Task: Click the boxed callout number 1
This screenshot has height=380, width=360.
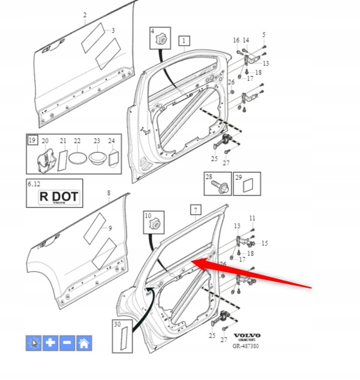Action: pyautogui.click(x=184, y=41)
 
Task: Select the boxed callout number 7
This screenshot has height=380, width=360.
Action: pyautogui.click(x=196, y=210)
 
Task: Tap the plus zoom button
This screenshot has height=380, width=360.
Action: pyautogui.click(x=50, y=343)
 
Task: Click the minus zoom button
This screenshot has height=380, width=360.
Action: pyautogui.click(x=67, y=343)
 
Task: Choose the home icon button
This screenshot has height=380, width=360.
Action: pyautogui.click(x=84, y=343)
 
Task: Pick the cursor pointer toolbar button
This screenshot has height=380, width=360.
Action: pyautogui.click(x=34, y=343)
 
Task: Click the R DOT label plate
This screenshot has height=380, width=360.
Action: pyautogui.click(x=59, y=197)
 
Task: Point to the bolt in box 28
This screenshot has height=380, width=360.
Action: pyautogui.click(x=220, y=187)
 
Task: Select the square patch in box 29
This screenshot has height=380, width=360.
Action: pyautogui.click(x=248, y=185)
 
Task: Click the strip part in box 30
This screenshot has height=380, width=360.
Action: pyautogui.click(x=124, y=338)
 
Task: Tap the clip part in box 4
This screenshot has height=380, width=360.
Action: pyautogui.click(x=161, y=39)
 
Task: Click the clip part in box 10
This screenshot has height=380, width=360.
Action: pyautogui.click(x=155, y=223)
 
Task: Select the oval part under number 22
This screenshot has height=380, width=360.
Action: pyautogui.click(x=77, y=158)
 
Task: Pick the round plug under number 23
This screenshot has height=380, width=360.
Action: pyautogui.click(x=97, y=158)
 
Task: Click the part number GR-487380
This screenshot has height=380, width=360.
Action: pyautogui.click(x=245, y=346)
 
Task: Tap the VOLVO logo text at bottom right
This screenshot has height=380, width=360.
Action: pyautogui.click(x=247, y=336)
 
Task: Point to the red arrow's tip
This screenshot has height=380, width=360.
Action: pyautogui.click(x=191, y=262)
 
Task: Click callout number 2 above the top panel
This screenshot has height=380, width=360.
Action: pyautogui.click(x=85, y=15)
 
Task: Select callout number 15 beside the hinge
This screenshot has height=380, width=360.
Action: pyautogui.click(x=265, y=243)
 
